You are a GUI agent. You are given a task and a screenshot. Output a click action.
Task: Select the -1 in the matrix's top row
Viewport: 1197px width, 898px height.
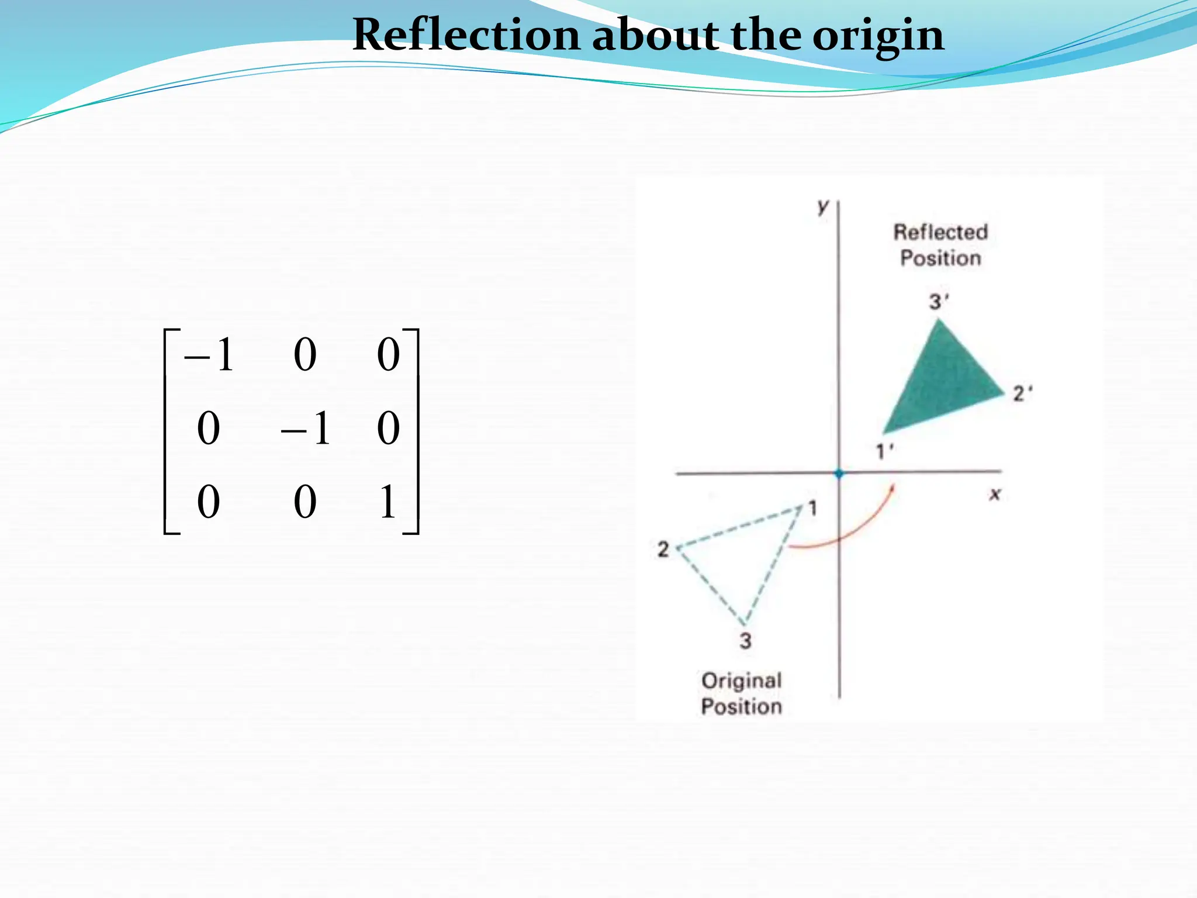[x=209, y=355]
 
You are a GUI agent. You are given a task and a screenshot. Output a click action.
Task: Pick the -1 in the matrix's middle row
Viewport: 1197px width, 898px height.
[x=306, y=429]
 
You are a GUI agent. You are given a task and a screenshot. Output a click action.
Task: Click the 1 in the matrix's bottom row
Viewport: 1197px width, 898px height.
[x=388, y=502]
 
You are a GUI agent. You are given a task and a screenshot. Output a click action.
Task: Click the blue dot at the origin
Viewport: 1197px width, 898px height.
[x=839, y=473]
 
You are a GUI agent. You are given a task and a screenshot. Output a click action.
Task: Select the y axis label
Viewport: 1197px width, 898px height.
[x=823, y=206]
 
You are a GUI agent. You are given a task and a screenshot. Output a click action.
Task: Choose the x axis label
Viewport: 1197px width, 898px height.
[x=995, y=495]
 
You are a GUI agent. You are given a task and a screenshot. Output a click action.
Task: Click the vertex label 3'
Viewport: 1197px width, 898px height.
[x=939, y=302]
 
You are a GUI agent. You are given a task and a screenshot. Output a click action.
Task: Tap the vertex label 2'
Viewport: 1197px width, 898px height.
[x=1022, y=393]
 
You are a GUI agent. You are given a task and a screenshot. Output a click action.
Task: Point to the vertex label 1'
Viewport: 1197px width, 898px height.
[x=884, y=451]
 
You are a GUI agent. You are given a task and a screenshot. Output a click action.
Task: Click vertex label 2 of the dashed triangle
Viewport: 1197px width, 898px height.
[x=663, y=549]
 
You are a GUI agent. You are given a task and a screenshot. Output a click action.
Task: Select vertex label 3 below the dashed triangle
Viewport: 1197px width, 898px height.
[x=745, y=641]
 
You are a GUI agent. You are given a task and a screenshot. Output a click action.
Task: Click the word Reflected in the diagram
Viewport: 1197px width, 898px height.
[x=940, y=232]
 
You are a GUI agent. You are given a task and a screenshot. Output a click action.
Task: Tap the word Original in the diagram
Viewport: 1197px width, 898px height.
[x=741, y=681]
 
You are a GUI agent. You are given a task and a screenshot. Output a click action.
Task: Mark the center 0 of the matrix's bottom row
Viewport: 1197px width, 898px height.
[x=305, y=502]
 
